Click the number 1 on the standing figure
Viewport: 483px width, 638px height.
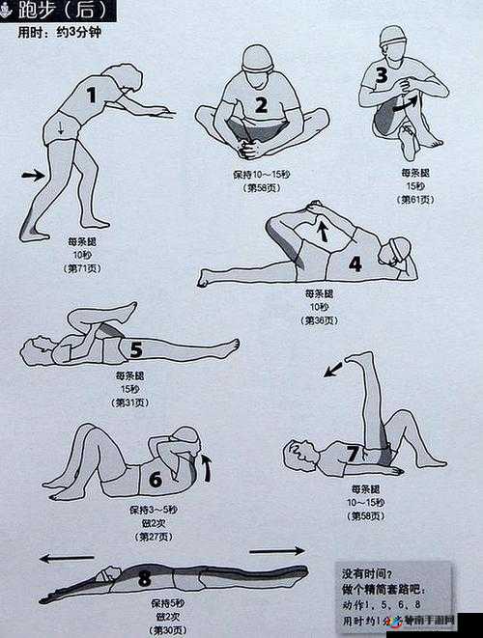[93, 95]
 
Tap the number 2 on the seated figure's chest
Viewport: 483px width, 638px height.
[261, 105]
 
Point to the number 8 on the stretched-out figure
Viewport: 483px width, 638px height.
[145, 579]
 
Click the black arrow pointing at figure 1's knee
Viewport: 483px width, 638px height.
[33, 175]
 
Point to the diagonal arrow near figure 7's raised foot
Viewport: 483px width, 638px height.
[333, 367]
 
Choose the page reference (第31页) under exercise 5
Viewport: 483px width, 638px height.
[132, 402]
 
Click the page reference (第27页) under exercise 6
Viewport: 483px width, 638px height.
[155, 537]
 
